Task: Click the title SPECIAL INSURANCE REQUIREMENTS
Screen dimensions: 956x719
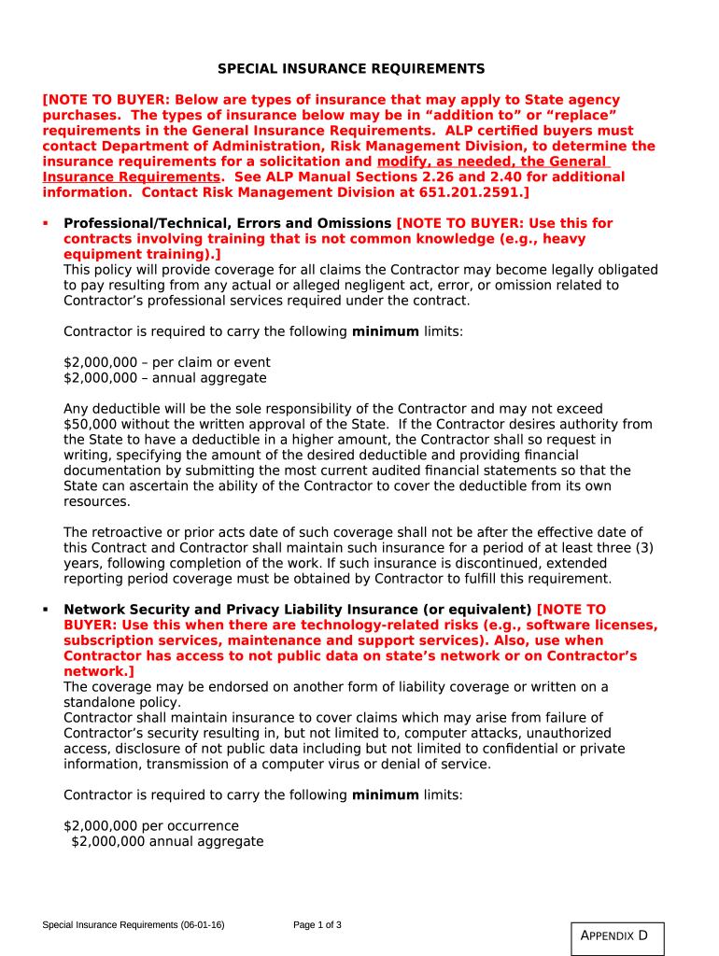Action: point(351,69)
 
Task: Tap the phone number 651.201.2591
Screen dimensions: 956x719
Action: point(481,192)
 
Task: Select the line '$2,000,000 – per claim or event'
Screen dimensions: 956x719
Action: point(167,362)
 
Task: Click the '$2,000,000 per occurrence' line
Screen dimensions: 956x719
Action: point(151,826)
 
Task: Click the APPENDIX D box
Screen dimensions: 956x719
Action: point(616,936)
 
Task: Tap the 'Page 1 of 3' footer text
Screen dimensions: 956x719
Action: point(317,925)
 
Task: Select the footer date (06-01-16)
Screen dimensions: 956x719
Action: point(203,925)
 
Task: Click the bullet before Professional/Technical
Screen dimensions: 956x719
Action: point(46,223)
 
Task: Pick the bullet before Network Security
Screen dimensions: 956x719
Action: point(46,610)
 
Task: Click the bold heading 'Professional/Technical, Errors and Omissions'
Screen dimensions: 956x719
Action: point(227,223)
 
